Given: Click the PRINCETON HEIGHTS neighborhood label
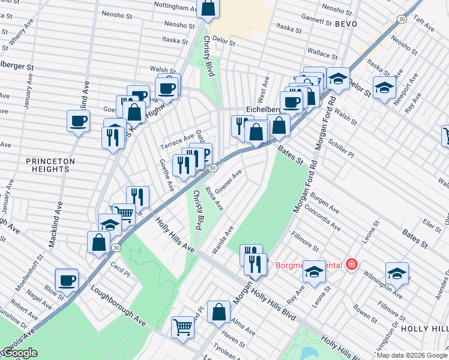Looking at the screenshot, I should [50, 165].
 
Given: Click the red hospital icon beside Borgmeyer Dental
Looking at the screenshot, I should [351, 265].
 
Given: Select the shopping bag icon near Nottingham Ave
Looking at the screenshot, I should [208, 8].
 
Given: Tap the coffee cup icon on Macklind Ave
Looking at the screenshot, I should [79, 121].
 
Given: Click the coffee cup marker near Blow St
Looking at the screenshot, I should [67, 280].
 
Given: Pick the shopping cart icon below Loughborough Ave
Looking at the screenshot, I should [182, 327].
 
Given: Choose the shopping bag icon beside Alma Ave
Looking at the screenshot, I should [219, 311].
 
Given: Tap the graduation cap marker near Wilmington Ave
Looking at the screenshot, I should [397, 273].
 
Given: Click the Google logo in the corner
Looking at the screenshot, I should [20, 353].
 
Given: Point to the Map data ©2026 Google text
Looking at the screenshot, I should [412, 355].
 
